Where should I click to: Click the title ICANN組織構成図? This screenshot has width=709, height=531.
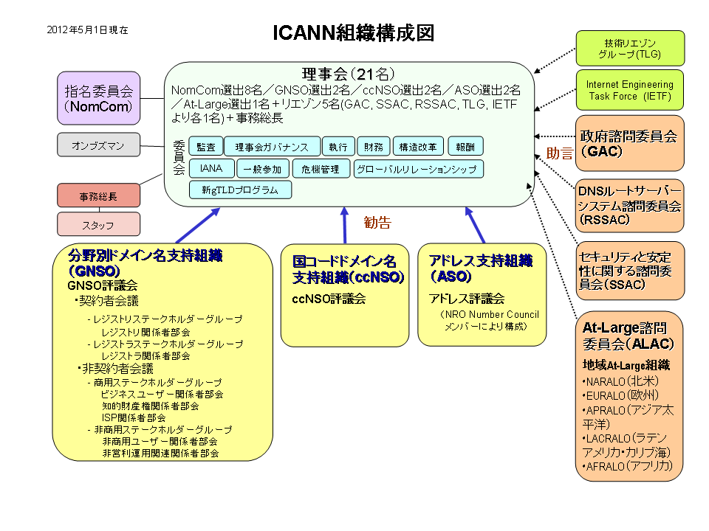pyautogui.click(x=353, y=33)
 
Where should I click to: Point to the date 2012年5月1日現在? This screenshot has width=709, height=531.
pyautogui.click(x=87, y=30)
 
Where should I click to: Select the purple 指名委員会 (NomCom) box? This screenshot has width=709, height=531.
pyautogui.click(x=98, y=99)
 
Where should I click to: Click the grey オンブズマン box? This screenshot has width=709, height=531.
pyautogui.click(x=98, y=145)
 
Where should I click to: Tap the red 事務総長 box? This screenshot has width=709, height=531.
pyautogui.click(x=98, y=196)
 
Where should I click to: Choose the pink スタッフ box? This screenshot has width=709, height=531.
pyautogui.click(x=98, y=223)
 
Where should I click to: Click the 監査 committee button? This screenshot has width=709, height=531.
pyautogui.click(x=205, y=146)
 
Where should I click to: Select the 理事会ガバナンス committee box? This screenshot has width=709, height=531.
pyautogui.click(x=272, y=146)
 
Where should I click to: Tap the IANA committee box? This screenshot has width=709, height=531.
pyautogui.click(x=211, y=169)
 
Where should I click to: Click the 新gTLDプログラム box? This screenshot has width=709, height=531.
pyautogui.click(x=240, y=190)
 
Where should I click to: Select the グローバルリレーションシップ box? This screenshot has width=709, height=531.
pyautogui.click(x=419, y=169)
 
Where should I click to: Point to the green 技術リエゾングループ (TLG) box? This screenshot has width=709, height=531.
pyautogui.click(x=630, y=49)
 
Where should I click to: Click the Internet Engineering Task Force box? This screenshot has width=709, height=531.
pyautogui.click(x=630, y=90)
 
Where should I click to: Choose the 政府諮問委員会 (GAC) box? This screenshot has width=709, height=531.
pyautogui.click(x=630, y=144)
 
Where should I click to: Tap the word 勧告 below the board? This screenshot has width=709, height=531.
pyautogui.click(x=377, y=223)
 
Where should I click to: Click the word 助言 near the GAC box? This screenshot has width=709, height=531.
pyautogui.click(x=559, y=153)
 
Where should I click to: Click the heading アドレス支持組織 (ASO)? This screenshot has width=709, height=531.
pyautogui.click(x=480, y=268)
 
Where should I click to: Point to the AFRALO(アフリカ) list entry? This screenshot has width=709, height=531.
pyautogui.click(x=628, y=466)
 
